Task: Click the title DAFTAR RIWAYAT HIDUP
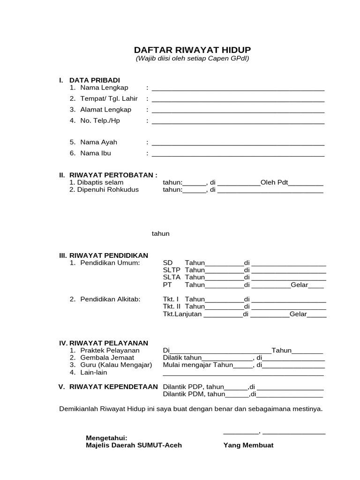[192, 50]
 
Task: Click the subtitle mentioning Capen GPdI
[192, 59]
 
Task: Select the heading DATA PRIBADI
[95, 80]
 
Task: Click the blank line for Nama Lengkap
[238, 89]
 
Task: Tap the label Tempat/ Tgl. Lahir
[109, 98]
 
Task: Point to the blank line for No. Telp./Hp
[238, 122]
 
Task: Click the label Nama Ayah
[98, 142]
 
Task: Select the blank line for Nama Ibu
[238, 155]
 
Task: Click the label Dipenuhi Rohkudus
[107, 190]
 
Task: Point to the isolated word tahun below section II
[160, 233]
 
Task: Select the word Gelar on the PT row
[300, 285]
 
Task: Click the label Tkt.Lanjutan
[182, 314]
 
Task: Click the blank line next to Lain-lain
[243, 374]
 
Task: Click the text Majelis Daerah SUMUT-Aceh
[134, 445]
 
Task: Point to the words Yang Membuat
[248, 445]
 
